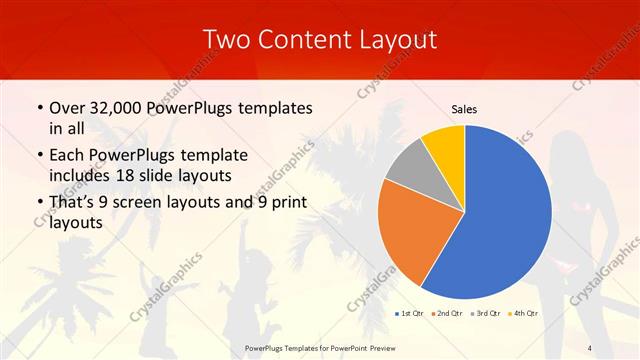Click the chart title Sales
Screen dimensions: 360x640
click(464, 109)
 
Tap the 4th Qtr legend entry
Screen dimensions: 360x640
click(523, 313)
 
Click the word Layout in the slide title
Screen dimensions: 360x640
click(398, 40)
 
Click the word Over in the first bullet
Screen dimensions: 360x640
click(69, 108)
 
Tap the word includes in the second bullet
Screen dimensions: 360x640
click(84, 176)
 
